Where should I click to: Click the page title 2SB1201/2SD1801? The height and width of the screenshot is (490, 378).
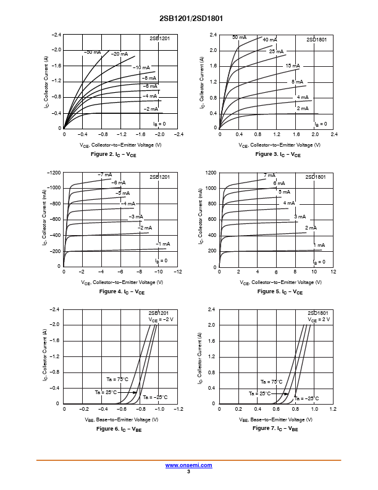pyautogui.click(x=188, y=19)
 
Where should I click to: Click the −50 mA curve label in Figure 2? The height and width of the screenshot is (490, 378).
pyautogui.click(x=92, y=52)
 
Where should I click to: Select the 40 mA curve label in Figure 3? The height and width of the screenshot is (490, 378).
pyautogui.click(x=270, y=40)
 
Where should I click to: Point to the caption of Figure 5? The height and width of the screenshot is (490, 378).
pyautogui.click(x=280, y=291)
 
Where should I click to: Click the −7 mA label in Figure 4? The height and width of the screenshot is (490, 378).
pyautogui.click(x=104, y=174)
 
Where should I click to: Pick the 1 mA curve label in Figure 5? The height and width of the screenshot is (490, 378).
pyautogui.click(x=319, y=246)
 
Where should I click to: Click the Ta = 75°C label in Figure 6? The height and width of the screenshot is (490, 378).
pyautogui.click(x=115, y=379)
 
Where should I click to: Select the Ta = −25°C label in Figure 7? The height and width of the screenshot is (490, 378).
pyautogui.click(x=307, y=398)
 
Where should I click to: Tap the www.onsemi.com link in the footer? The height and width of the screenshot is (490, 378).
pyautogui.click(x=189, y=465)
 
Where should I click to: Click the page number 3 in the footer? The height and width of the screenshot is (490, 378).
pyautogui.click(x=189, y=471)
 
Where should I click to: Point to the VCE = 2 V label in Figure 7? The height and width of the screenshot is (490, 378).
pyautogui.click(x=319, y=319)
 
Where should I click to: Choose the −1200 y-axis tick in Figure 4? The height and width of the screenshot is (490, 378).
pyautogui.click(x=54, y=173)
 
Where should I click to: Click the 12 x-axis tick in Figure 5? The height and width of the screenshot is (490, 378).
pyautogui.click(x=333, y=272)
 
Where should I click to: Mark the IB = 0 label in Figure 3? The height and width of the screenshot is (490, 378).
pyautogui.click(x=321, y=124)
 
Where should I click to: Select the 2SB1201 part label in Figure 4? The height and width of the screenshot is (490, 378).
pyautogui.click(x=159, y=177)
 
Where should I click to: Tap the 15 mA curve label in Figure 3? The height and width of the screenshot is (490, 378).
pyautogui.click(x=292, y=66)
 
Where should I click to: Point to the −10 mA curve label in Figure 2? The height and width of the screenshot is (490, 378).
pyautogui.click(x=141, y=67)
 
